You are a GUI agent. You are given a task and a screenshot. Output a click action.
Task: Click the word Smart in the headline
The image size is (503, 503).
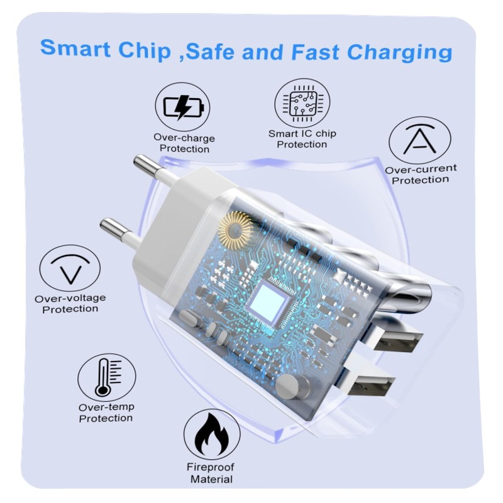click(x=75, y=49)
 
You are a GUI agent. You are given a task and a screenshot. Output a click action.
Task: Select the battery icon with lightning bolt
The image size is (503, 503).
click(x=184, y=107)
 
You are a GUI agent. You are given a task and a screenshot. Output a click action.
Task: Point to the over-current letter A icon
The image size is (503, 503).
click(x=419, y=140)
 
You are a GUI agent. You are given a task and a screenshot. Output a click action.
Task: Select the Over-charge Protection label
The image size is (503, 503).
click(x=184, y=143)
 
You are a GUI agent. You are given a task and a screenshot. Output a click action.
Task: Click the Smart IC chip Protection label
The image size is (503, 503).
click(x=302, y=138)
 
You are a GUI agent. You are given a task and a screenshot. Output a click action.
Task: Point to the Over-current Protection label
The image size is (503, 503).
click(x=421, y=174)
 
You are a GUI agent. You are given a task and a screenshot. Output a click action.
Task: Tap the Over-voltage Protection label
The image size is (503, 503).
click(x=70, y=304)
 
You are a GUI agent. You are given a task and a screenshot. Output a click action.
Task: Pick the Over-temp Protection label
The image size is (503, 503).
click(x=106, y=412)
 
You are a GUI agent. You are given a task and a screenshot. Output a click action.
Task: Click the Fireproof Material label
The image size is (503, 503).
click(x=211, y=473)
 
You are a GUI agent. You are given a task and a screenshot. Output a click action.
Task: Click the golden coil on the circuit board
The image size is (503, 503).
click(x=235, y=229)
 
